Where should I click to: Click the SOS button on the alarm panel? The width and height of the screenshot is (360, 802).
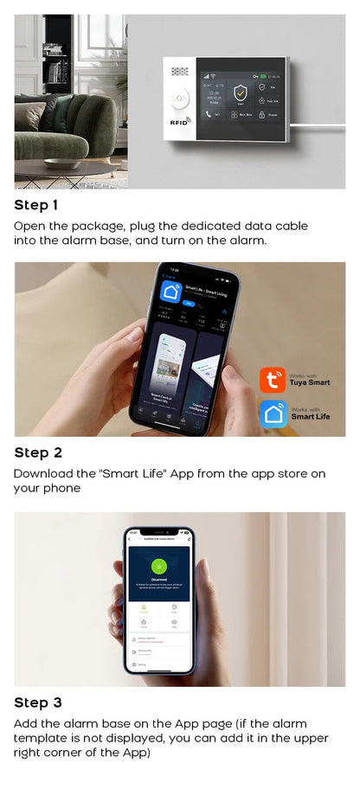pyautogui.click(x=179, y=99)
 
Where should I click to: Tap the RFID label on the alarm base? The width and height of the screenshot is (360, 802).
pyautogui.click(x=179, y=124)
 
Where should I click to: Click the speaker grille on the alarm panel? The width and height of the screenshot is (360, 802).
pyautogui.click(x=180, y=73)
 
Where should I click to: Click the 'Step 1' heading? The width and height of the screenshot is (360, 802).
pyautogui.click(x=36, y=205)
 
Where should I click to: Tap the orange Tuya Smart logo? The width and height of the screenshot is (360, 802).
pyautogui.click(x=273, y=380)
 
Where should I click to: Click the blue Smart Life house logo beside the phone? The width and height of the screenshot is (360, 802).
pyautogui.click(x=273, y=414)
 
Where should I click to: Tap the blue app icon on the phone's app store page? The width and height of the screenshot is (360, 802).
pyautogui.click(x=171, y=292)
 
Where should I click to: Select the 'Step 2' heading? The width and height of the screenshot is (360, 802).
pyautogui.click(x=38, y=452)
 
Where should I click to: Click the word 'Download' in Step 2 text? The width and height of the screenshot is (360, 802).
pyautogui.click(x=43, y=474)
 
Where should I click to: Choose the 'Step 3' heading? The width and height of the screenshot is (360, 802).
pyautogui.click(x=38, y=703)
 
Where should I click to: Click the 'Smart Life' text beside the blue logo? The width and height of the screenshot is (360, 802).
pyautogui.click(x=310, y=416)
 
